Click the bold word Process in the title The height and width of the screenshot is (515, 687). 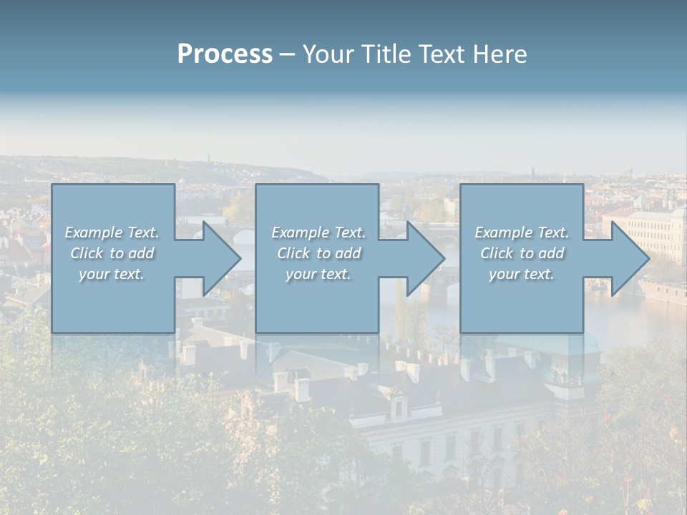tap(225, 54)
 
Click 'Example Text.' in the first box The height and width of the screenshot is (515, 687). tap(112, 232)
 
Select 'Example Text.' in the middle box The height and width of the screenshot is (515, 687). tap(318, 232)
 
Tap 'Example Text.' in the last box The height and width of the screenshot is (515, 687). tap(522, 232)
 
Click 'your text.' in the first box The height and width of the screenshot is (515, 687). tap(112, 274)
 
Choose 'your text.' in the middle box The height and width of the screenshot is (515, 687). tap(318, 274)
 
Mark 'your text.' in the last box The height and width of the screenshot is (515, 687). tap(522, 274)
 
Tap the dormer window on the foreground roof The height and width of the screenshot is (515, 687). tap(399, 406)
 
